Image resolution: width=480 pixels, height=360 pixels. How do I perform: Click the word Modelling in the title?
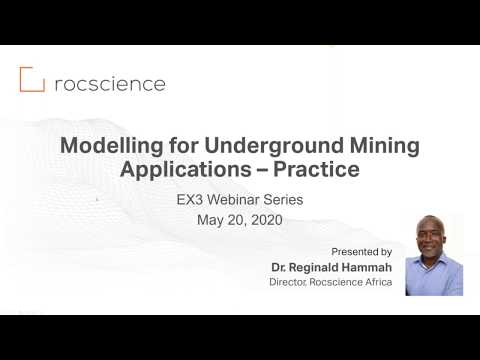point(105,145)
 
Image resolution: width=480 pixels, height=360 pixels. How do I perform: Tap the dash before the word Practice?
point(269,170)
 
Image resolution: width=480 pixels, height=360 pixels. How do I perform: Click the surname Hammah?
point(367,268)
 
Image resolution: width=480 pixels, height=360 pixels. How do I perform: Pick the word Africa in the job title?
point(375,283)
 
